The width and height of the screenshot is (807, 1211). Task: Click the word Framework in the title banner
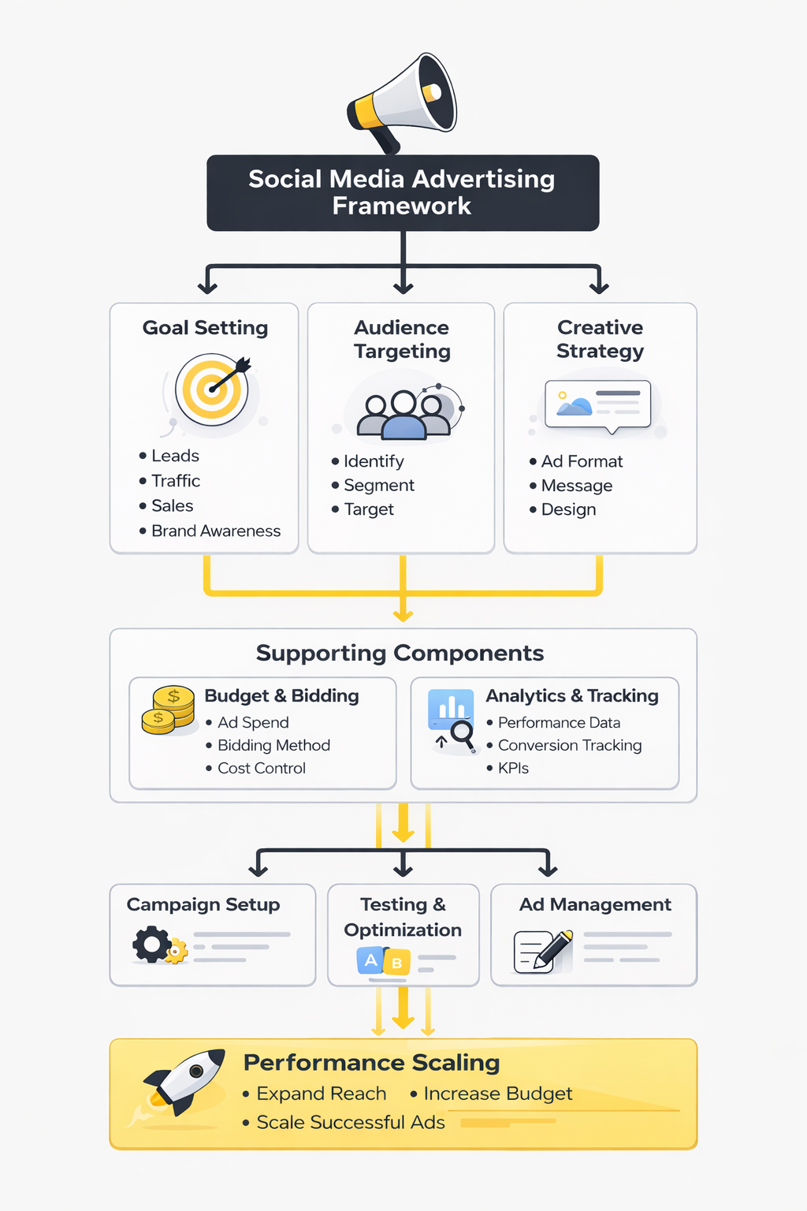401,207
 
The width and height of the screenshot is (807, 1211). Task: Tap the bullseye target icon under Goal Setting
211,389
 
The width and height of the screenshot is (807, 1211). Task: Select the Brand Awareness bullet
215,531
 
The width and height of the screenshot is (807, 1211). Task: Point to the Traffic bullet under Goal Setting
175,481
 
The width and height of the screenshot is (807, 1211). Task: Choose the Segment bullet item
378,486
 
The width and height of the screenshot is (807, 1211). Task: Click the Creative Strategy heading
600,339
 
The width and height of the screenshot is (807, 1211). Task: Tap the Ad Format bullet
582,461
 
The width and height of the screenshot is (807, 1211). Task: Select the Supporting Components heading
400,654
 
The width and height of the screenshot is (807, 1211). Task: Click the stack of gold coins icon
169,710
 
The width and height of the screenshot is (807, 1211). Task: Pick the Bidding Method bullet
273,746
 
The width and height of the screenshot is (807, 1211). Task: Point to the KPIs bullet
513,769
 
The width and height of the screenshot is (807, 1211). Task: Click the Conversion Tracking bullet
569,746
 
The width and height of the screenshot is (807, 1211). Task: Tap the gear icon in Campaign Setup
152,945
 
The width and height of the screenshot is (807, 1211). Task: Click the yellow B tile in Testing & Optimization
396,963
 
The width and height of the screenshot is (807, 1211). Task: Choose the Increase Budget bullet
497,1094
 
